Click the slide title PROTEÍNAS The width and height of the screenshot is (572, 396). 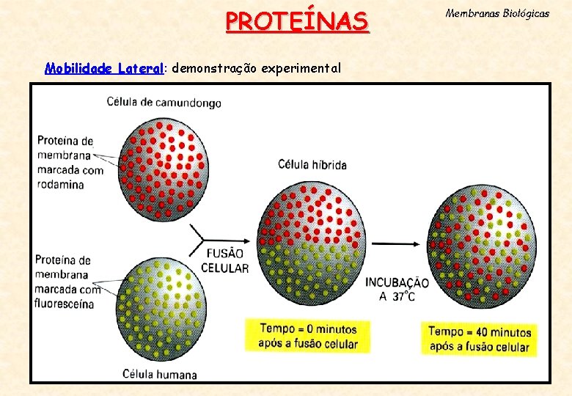297,21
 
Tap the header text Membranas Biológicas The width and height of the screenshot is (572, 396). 497,14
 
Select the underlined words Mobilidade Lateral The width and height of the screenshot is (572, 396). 103,68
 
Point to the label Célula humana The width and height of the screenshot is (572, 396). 161,374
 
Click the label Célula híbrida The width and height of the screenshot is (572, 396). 312,164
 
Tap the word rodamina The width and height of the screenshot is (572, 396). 60,183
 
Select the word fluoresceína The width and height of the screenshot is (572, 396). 65,304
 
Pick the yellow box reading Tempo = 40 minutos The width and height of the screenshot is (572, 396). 479,339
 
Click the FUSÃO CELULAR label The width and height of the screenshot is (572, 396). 224,262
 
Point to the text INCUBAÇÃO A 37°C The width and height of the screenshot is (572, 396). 397,289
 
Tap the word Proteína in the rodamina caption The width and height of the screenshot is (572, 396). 65,140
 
